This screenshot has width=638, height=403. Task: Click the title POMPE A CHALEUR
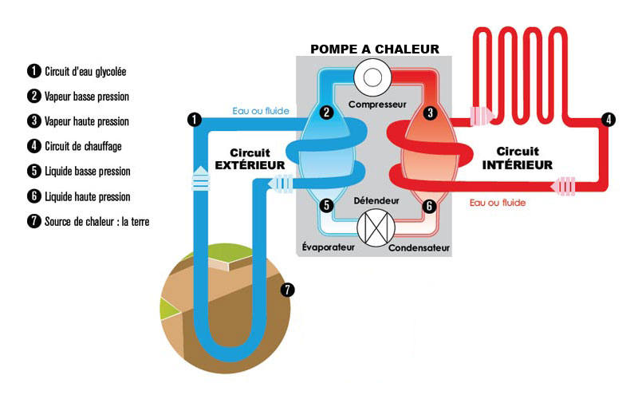(374, 49)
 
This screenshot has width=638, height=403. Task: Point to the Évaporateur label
(329, 247)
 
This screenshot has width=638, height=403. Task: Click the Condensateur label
(419, 247)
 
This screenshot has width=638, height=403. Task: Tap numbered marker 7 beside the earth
(288, 290)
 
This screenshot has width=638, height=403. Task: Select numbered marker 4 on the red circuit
(608, 120)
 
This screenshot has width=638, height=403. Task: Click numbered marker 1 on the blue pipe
(193, 120)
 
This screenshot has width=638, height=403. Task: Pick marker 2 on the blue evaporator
(325, 113)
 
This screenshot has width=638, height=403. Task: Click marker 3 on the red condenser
(430, 113)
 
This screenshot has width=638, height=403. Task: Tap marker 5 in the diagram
(325, 205)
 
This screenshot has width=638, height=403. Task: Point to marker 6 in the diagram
(430, 205)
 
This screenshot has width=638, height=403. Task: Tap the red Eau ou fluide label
(498, 203)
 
